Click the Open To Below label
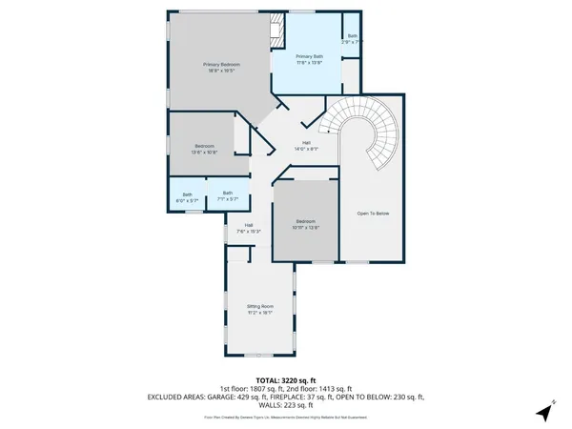point(374,213)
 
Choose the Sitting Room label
point(260,307)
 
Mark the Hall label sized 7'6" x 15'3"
point(248,228)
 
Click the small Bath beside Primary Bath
point(352,38)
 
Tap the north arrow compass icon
point(544,413)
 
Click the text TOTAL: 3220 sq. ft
point(286,380)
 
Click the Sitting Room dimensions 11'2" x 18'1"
point(260,313)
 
